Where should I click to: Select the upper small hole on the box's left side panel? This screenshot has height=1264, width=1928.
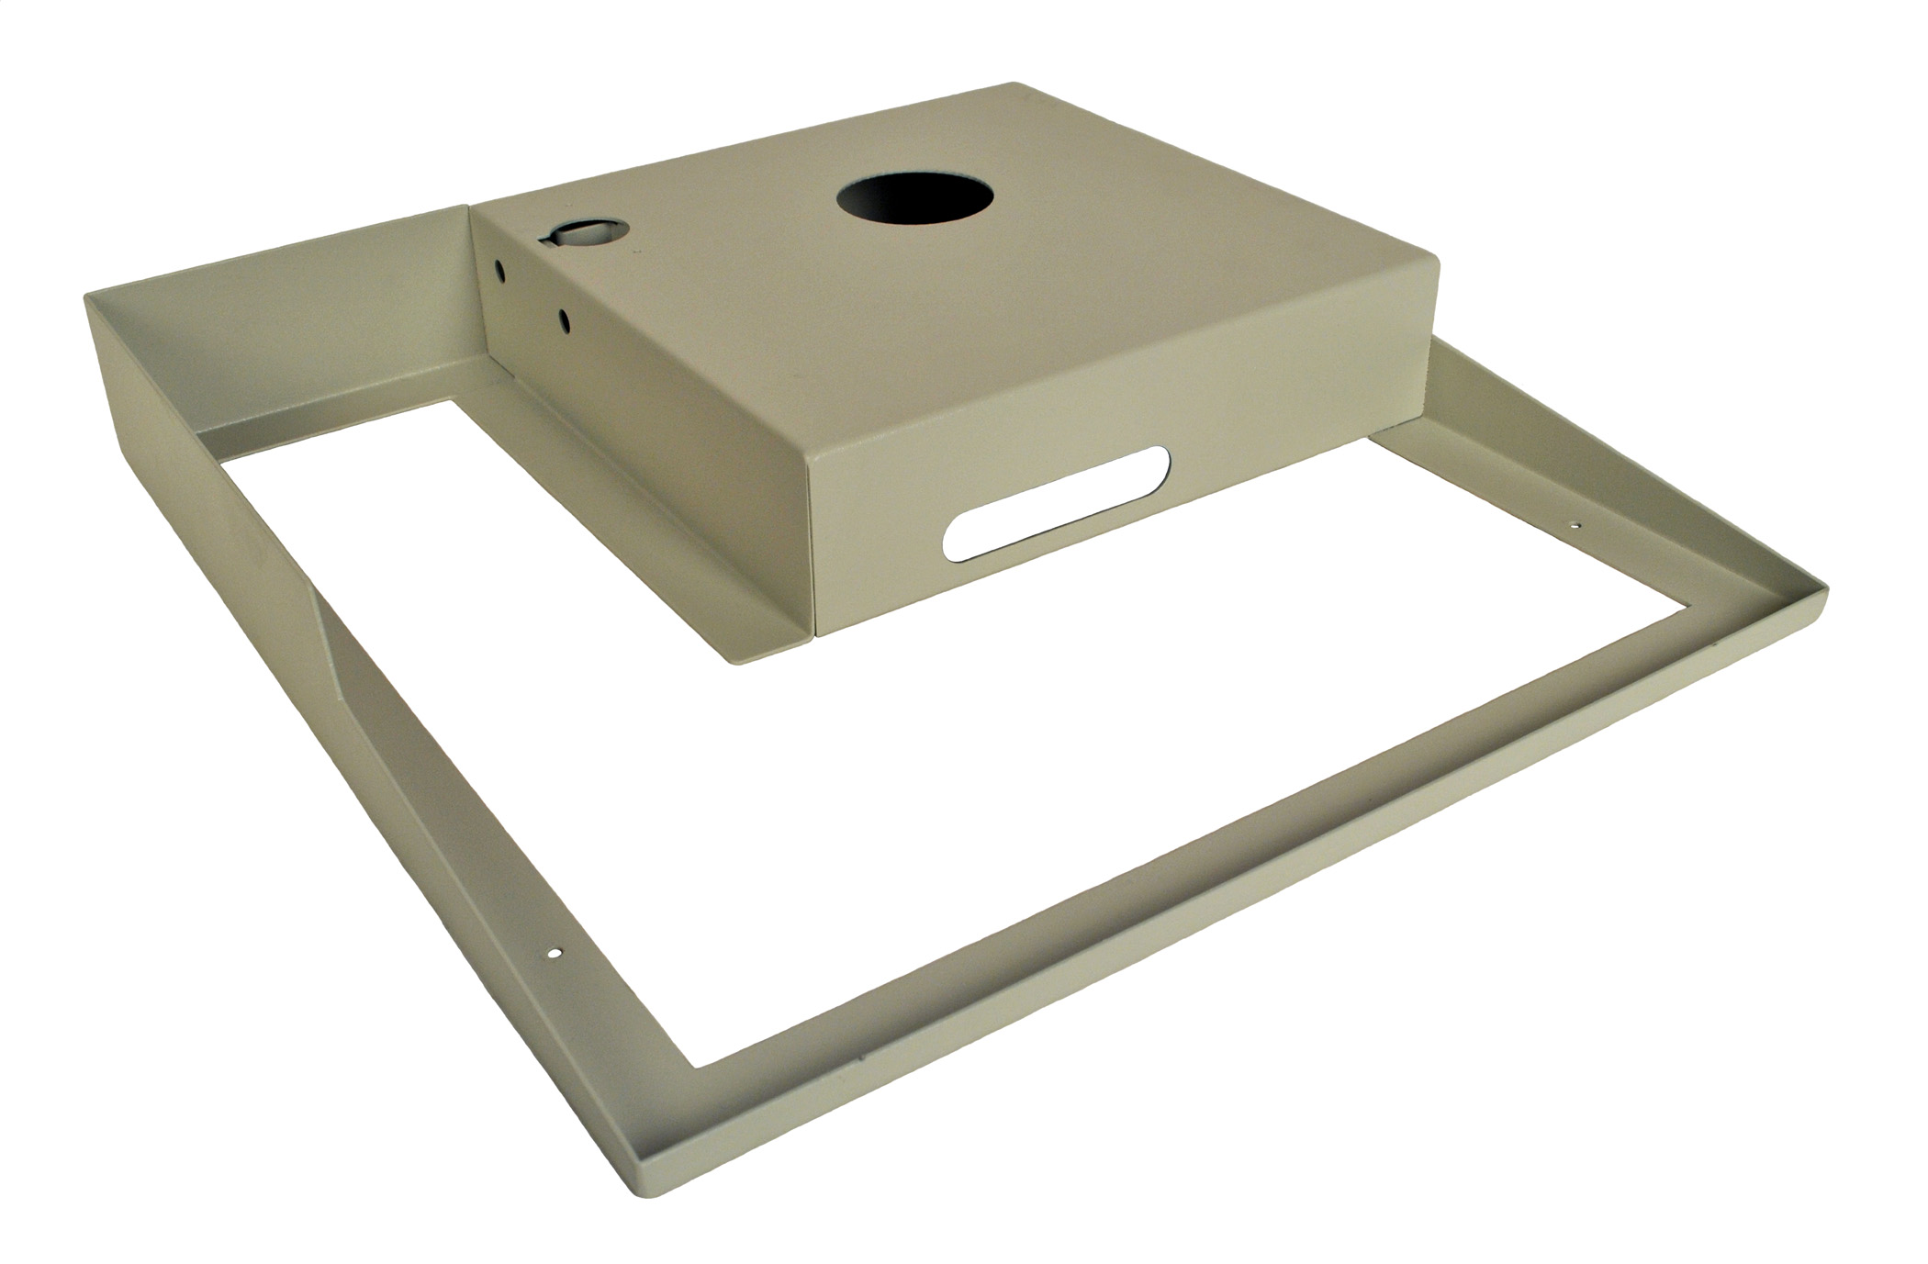tap(499, 270)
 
